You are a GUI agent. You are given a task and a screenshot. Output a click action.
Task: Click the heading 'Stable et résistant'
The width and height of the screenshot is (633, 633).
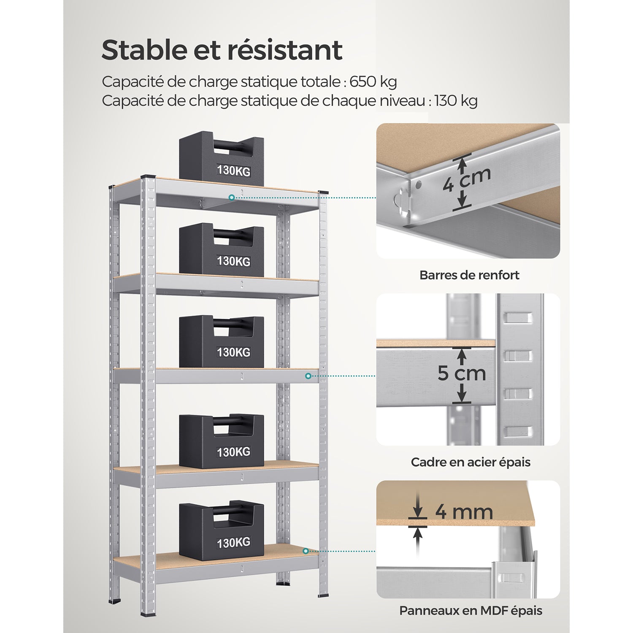click(222, 50)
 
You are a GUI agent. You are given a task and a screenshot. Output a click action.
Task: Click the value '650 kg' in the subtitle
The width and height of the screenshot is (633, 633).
click(373, 82)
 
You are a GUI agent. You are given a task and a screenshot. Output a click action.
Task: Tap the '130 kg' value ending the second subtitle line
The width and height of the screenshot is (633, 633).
click(456, 101)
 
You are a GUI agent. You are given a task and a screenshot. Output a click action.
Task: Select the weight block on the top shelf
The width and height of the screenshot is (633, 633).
click(222, 159)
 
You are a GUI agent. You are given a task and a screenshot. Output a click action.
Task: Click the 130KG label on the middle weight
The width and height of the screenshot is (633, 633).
click(233, 352)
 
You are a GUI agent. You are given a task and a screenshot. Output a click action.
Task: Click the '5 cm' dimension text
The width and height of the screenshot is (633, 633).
click(462, 373)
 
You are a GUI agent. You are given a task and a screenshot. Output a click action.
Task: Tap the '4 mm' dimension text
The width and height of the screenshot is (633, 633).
click(464, 511)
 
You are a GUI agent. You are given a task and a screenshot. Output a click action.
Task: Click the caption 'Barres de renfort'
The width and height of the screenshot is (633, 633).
click(469, 275)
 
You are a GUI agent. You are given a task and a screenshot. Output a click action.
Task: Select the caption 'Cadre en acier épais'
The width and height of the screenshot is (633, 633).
click(471, 462)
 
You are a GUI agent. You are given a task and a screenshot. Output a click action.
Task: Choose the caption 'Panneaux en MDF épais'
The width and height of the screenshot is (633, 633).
click(471, 611)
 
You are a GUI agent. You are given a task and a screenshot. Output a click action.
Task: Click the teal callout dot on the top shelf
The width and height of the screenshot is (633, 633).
click(232, 197)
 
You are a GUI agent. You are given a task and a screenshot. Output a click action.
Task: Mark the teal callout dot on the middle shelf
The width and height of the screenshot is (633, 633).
click(308, 376)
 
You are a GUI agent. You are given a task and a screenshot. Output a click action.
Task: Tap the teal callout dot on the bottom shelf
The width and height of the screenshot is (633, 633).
click(306, 551)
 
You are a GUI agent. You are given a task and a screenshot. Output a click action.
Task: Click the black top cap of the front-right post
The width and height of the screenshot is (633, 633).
click(323, 192)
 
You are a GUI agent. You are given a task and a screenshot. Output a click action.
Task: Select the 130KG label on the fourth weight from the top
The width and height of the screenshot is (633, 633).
click(233, 452)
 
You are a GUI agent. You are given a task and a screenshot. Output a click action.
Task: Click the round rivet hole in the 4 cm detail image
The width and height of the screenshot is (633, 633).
click(418, 184)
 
